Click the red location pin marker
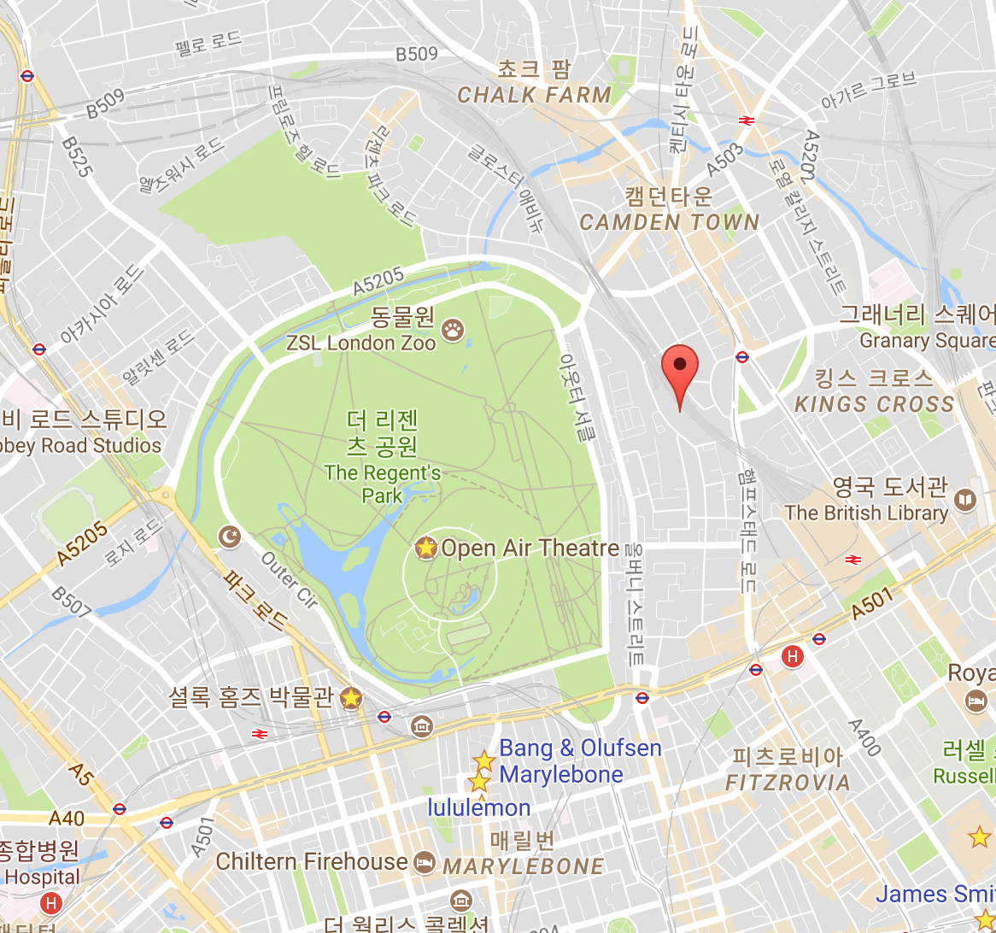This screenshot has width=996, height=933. click(680, 366)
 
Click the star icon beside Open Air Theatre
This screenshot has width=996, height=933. click(425, 548)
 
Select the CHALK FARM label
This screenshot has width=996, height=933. click(534, 95)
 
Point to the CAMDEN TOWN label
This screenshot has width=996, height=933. click(669, 222)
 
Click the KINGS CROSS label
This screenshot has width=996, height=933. click(874, 404)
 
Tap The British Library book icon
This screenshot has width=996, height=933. click(965, 500)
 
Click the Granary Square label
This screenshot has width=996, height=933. click(927, 341)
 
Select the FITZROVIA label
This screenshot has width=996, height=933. click(788, 782)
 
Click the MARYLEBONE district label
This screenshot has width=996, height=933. click(523, 866)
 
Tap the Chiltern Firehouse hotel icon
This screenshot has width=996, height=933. click(423, 861)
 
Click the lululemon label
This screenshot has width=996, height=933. click(479, 807)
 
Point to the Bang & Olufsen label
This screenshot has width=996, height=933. click(580, 748)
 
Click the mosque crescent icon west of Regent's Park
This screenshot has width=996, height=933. click(230, 537)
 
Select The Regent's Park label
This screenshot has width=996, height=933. click(382, 484)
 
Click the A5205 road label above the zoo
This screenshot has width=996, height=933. click(378, 282)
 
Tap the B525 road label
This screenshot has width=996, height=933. click(77, 156)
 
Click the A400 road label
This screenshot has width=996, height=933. click(864, 737)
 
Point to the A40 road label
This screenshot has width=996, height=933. click(67, 818)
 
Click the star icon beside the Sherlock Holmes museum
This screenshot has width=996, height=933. click(350, 697)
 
